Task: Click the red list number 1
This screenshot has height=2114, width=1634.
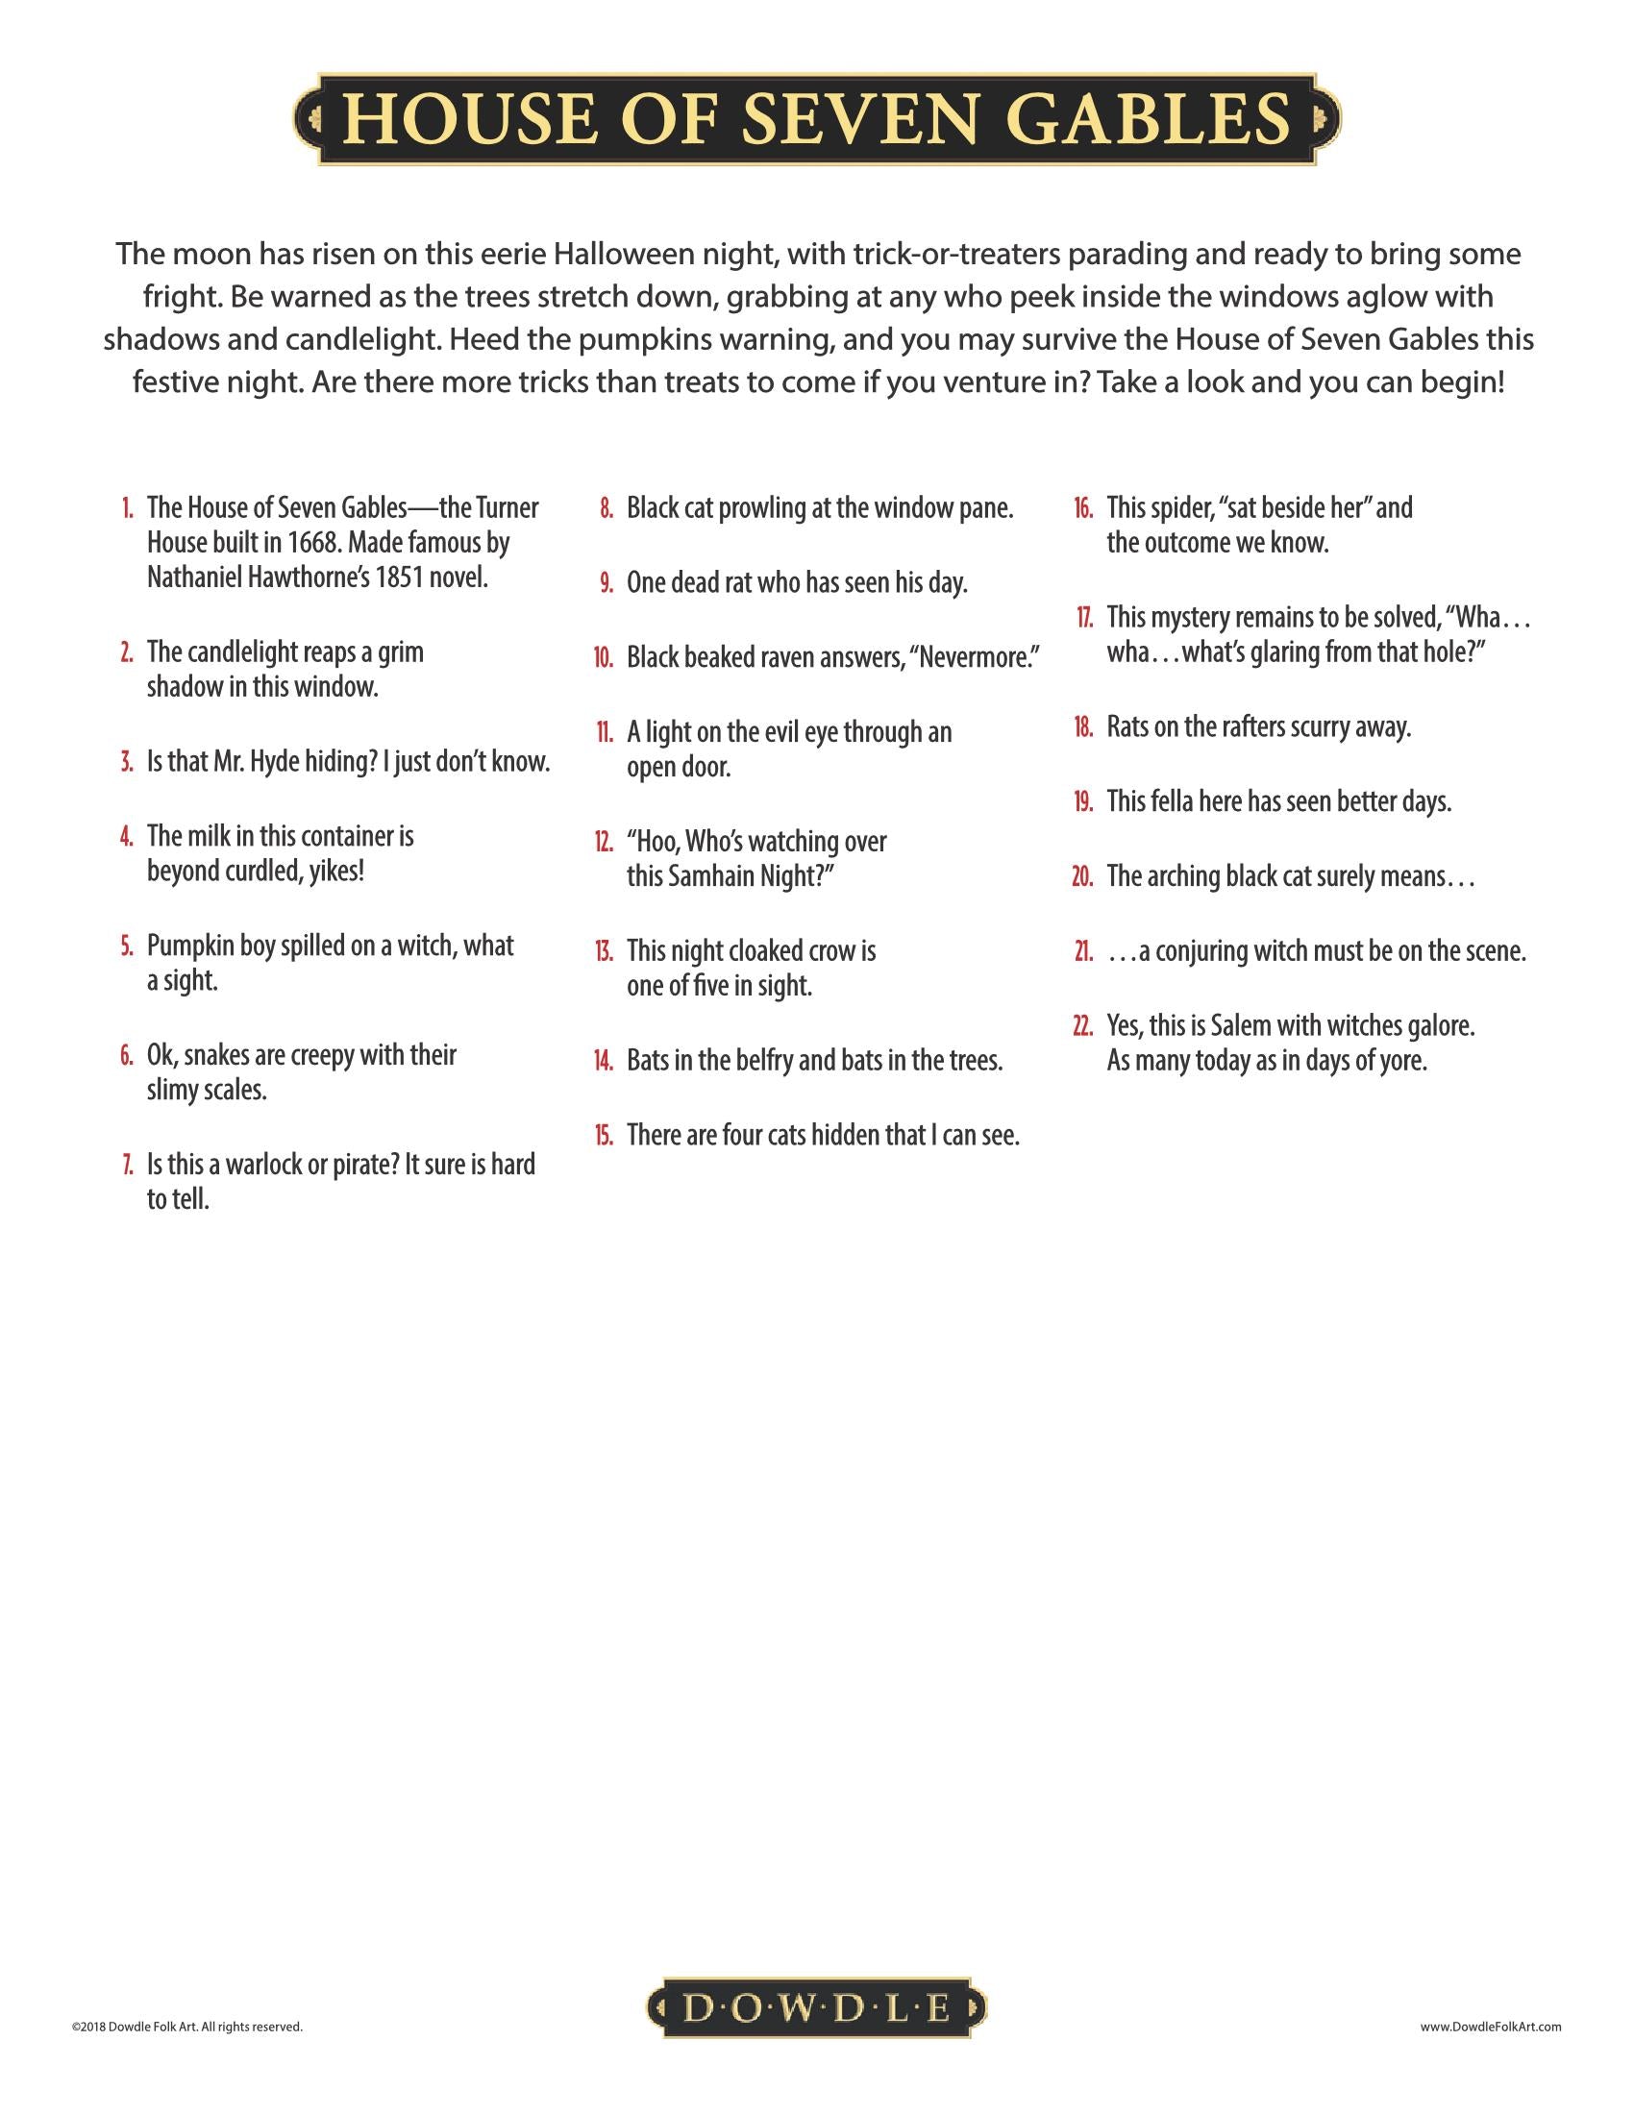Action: (x=127, y=508)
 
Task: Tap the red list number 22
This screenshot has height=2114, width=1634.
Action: (x=1082, y=1025)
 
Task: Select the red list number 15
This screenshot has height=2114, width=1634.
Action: (x=604, y=1135)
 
